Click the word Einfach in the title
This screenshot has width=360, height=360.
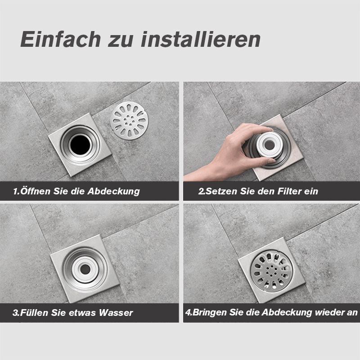point(61,39)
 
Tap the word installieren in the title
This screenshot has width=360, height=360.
point(201,39)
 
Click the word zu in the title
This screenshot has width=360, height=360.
point(121,41)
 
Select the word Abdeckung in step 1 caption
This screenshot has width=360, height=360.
point(114,191)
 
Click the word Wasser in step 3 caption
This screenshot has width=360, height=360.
point(116,312)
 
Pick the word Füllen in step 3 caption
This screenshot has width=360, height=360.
point(35,312)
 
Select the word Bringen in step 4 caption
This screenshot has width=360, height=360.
point(209,313)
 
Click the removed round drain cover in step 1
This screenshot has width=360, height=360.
point(129,121)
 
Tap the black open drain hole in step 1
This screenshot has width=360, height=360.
point(81,144)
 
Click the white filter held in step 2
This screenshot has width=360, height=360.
point(269,145)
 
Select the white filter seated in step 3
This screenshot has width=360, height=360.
point(85,269)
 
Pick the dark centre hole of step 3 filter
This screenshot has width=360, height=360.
point(85,269)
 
